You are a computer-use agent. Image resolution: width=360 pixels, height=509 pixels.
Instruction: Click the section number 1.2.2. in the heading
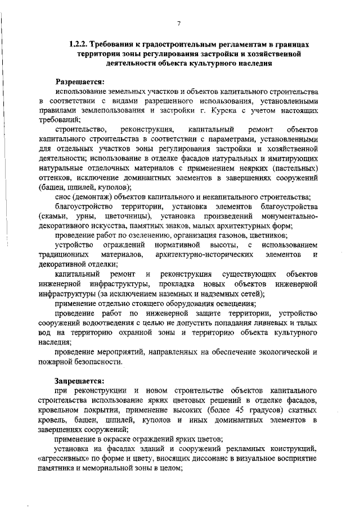click(x=79, y=43)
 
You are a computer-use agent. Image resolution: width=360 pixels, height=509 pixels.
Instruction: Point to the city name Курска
click(x=214, y=110)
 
